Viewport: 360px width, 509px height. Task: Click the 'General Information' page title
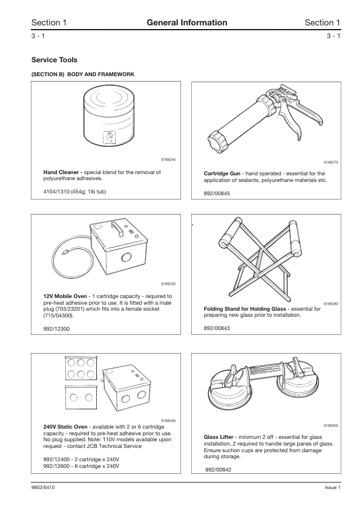(x=187, y=22)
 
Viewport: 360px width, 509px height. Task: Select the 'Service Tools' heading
(x=54, y=60)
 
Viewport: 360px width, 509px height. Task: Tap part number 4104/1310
(x=56, y=192)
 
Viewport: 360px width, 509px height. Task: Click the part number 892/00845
(x=217, y=193)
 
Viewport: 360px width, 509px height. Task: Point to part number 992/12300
(x=56, y=329)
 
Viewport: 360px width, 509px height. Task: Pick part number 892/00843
(x=217, y=328)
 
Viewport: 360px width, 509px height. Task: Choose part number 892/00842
(x=218, y=470)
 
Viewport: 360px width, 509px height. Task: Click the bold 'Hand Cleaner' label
(x=63, y=172)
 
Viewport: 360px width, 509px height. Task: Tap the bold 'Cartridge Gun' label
(x=222, y=173)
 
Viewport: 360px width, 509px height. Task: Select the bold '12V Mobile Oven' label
(x=65, y=296)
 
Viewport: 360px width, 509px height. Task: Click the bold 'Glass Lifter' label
(x=218, y=437)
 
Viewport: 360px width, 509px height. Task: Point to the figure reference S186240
(x=168, y=160)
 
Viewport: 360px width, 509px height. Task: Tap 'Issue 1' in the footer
(x=333, y=488)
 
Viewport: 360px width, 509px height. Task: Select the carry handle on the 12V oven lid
(x=117, y=230)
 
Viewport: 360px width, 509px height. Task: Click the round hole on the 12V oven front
(x=126, y=258)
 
